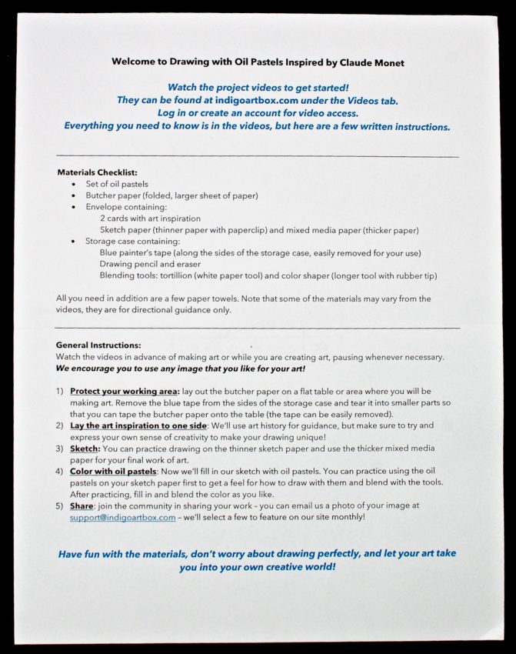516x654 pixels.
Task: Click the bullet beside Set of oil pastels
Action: click(73, 185)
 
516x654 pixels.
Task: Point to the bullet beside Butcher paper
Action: click(73, 196)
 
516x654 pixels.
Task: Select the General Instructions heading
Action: click(98, 345)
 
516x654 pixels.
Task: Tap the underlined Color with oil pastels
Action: click(113, 471)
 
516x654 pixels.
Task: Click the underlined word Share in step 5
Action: click(82, 506)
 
